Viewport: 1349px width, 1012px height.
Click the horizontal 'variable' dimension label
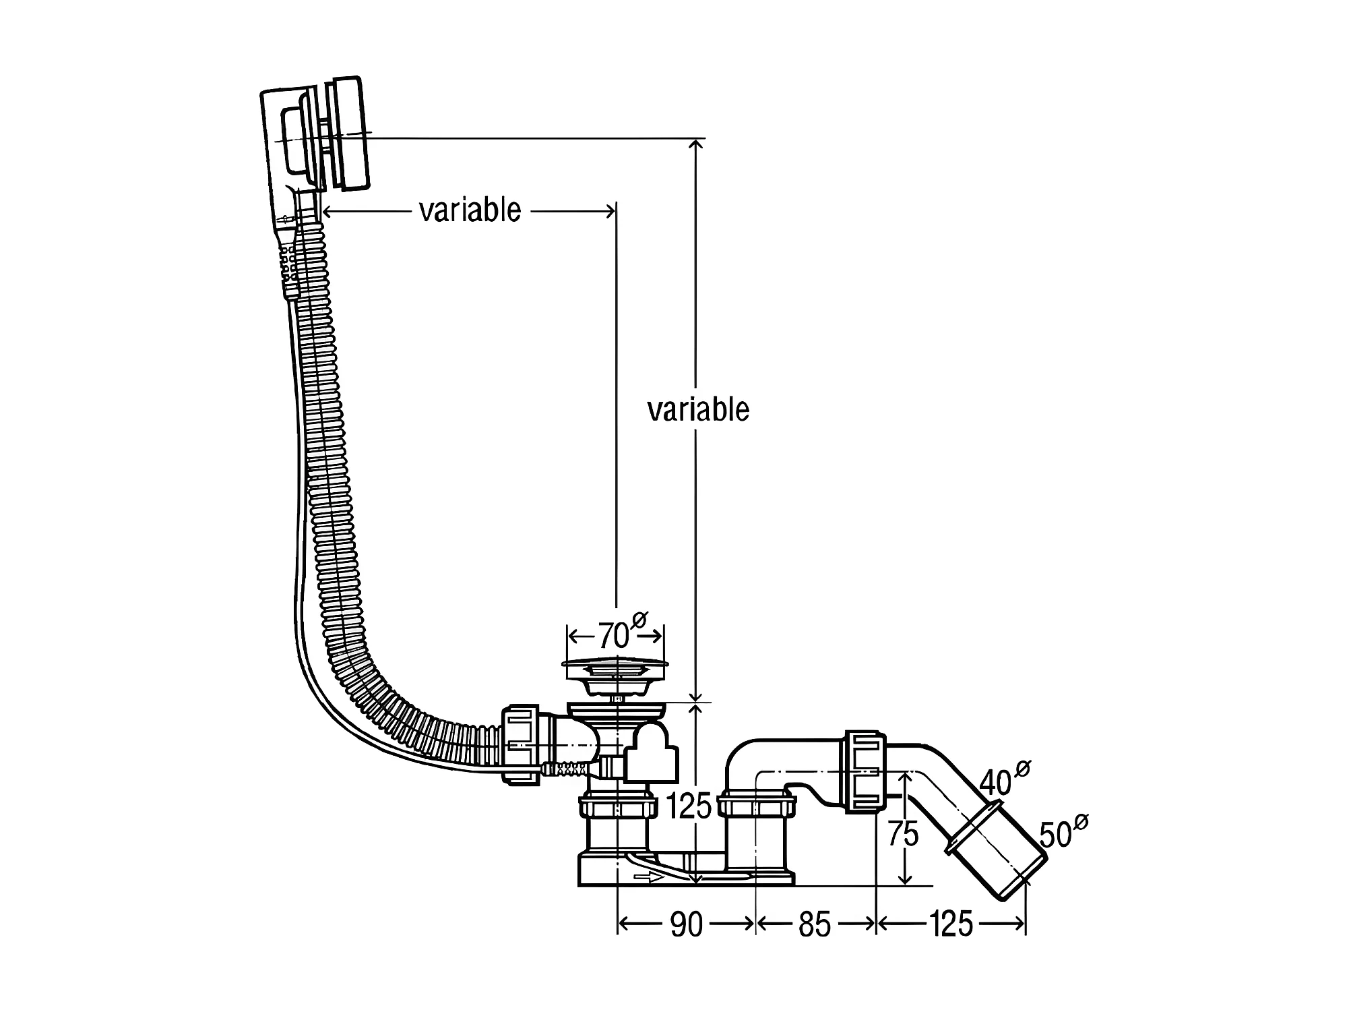[470, 210]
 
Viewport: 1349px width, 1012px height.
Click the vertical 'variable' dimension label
[698, 409]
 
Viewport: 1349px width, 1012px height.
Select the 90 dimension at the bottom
[687, 924]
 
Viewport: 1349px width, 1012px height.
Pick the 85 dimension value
[815, 924]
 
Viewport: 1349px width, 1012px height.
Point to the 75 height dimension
[903, 834]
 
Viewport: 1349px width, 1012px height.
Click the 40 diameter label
[996, 782]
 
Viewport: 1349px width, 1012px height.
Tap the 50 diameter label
[1055, 835]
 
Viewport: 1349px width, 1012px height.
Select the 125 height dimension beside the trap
[689, 805]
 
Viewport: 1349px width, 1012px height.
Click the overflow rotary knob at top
[349, 133]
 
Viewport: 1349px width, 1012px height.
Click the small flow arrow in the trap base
[648, 878]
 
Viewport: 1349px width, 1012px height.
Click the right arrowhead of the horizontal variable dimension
[610, 211]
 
